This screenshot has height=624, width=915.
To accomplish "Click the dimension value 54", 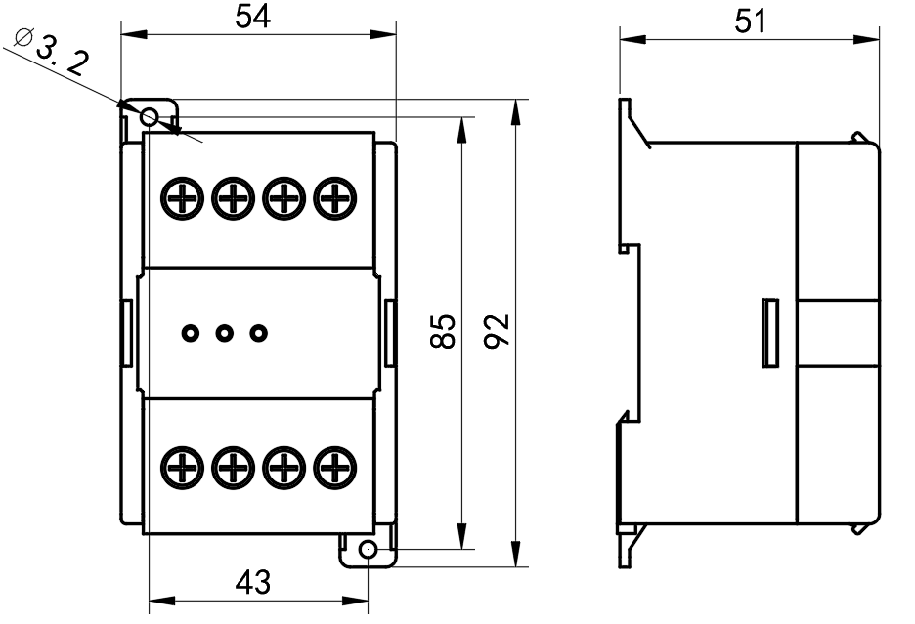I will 257,17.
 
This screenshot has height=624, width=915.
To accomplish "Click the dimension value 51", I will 751,21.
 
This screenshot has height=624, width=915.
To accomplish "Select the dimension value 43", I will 253,582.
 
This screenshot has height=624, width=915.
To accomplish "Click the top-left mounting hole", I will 150,117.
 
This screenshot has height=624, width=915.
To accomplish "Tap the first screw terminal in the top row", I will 182,199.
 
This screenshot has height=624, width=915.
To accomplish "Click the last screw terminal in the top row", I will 335,199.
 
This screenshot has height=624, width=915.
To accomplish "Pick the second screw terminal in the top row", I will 233,199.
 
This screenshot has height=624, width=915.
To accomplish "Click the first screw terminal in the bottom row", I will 182,467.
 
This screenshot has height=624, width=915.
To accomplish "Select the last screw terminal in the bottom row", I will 335,467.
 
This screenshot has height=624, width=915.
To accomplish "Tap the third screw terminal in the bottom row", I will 284,467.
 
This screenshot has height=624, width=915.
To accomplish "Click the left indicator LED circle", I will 190,333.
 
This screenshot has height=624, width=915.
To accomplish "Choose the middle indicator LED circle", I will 224,333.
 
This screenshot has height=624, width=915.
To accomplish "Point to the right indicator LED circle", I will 258,333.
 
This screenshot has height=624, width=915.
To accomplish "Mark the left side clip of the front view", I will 126,333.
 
